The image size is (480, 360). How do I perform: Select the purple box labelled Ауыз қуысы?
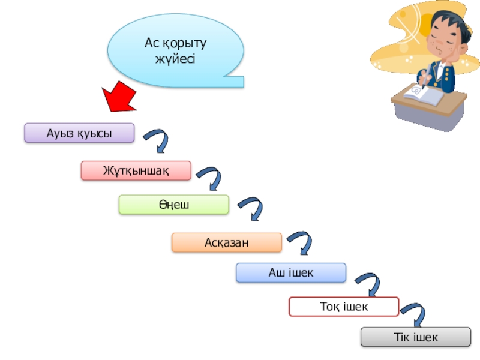pos(79,133)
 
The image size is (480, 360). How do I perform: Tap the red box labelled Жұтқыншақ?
pos(136,170)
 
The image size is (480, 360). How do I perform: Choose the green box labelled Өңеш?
pos(174,205)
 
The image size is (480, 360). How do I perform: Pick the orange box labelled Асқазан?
pos(226,242)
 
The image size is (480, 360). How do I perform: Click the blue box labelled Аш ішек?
pos(291,272)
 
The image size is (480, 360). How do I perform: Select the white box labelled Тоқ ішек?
pos(344,307)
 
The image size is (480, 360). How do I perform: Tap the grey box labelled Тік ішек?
pos(416,337)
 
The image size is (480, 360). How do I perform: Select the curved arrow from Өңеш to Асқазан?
pos(251,210)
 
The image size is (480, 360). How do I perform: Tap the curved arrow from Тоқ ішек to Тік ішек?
pos(414,315)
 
